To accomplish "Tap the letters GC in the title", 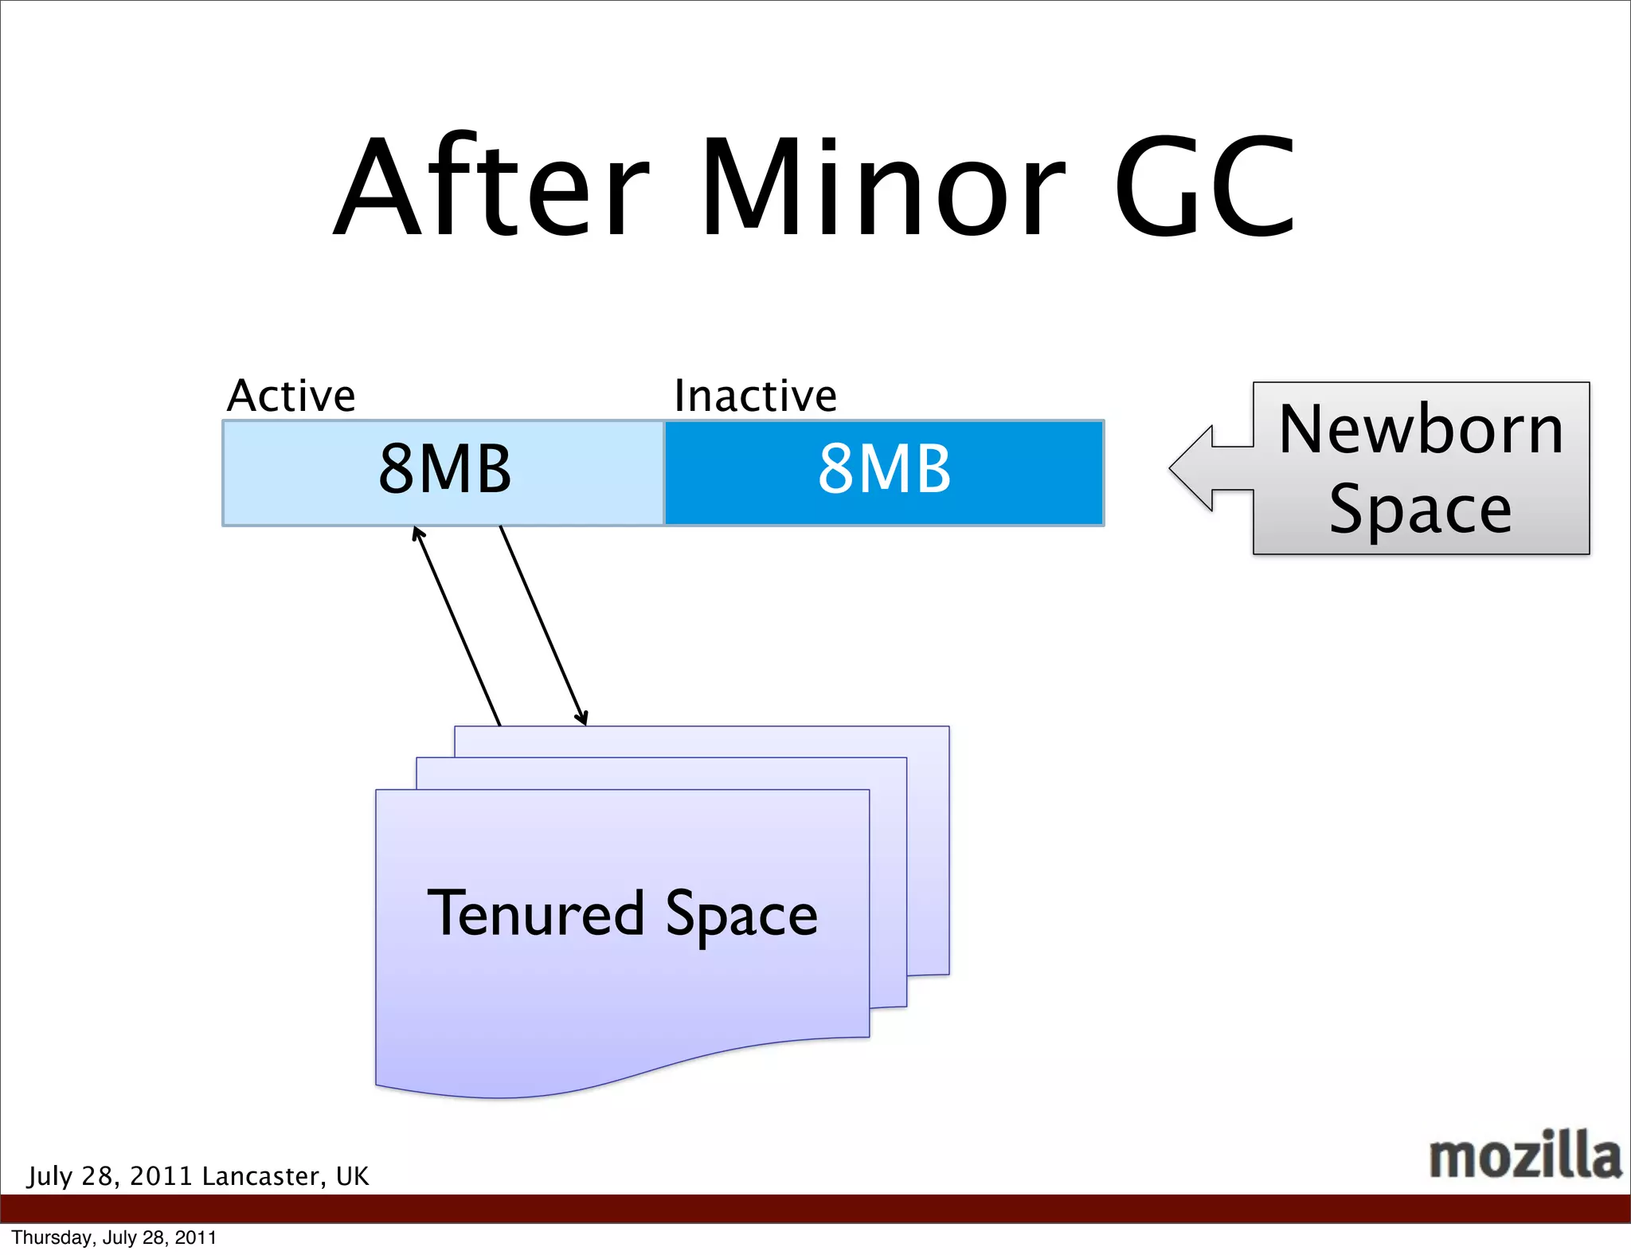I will point(1204,188).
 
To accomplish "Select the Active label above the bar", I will point(291,396).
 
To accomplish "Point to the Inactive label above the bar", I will point(755,396).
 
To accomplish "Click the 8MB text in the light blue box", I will point(444,469).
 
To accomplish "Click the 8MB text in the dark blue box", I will point(884,469).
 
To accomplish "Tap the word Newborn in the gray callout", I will point(1421,430).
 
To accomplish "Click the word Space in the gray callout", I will point(1421,510).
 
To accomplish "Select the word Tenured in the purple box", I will point(536,913).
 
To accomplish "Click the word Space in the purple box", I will point(741,915).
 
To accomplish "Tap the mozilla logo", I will point(1524,1155).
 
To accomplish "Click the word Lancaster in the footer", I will point(264,1176).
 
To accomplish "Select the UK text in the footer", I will point(352,1176).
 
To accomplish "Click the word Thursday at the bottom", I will point(53,1237).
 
